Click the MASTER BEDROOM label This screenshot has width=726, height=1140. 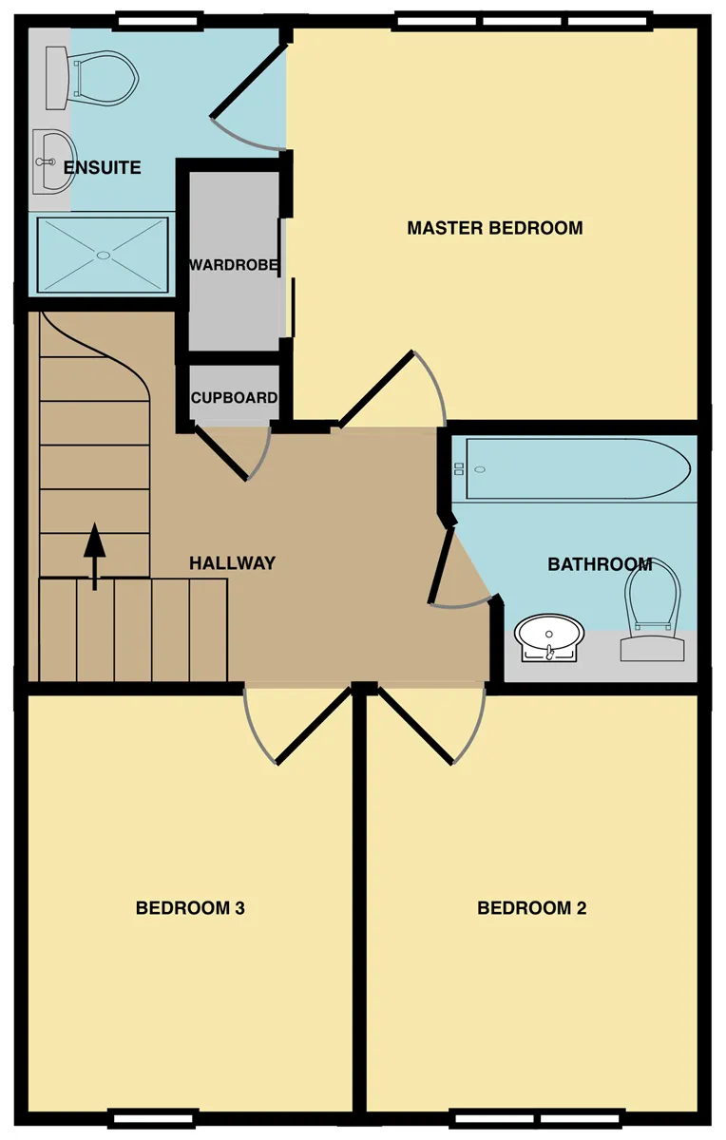[x=495, y=227]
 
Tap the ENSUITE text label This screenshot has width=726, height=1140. [x=102, y=167]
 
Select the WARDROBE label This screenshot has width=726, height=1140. [x=234, y=265]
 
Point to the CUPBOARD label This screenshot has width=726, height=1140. [x=234, y=397]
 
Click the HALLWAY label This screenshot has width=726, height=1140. [x=232, y=562]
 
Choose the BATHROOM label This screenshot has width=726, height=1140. [x=600, y=564]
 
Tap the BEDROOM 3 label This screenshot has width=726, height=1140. [x=190, y=908]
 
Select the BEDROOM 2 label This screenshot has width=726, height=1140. [x=531, y=908]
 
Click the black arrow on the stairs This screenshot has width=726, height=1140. [x=95, y=556]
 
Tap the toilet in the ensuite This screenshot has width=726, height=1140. [x=91, y=78]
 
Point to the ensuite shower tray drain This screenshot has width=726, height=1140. [x=104, y=255]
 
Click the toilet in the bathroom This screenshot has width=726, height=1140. [x=653, y=611]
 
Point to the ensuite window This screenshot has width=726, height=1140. [x=158, y=22]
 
